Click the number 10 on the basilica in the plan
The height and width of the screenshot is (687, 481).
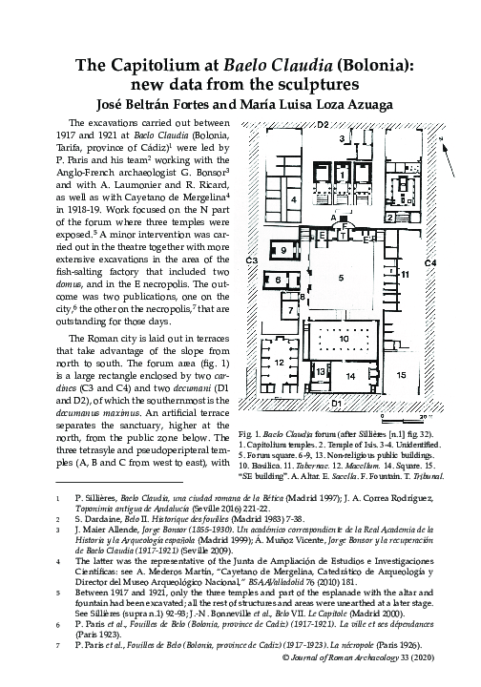[343, 338]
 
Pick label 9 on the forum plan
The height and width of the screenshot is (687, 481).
[284, 249]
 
